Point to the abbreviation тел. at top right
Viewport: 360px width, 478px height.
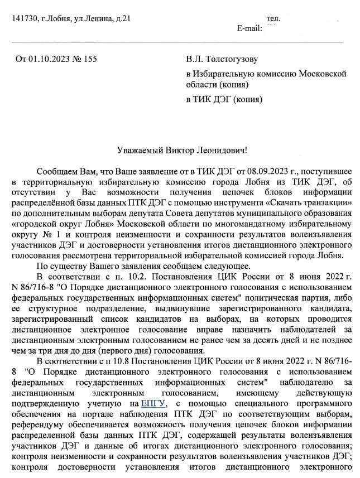coord(273,18)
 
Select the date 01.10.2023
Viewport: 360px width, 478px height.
coord(51,59)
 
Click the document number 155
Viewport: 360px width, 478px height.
coord(90,59)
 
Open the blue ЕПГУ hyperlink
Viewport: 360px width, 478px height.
coord(154,403)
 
